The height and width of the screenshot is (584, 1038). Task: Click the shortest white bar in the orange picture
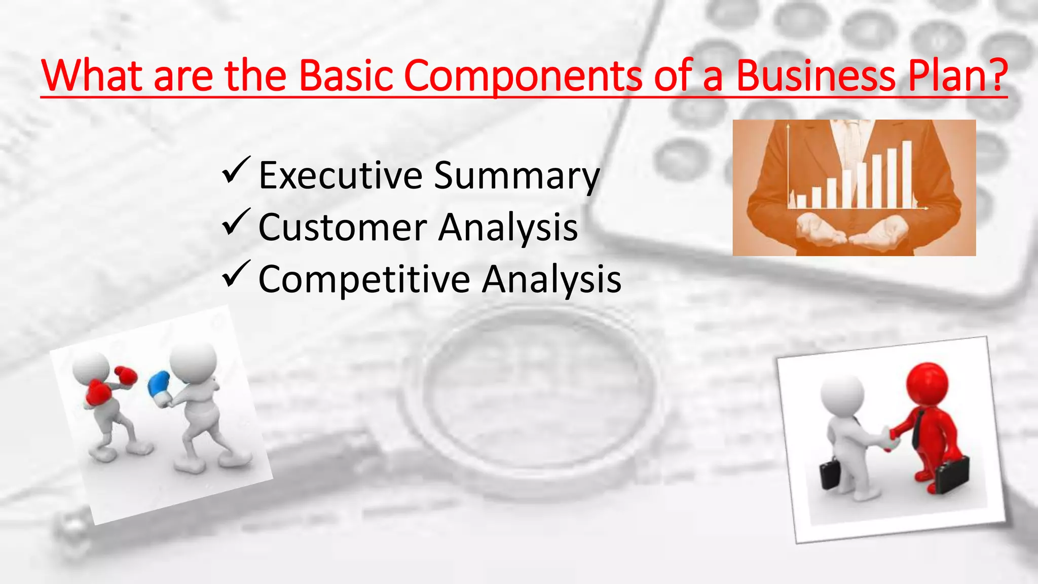(x=801, y=201)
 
